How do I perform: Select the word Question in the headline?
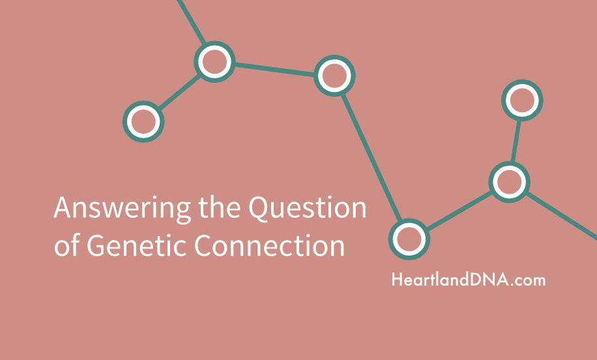tap(307, 208)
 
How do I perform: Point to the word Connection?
tap(270, 245)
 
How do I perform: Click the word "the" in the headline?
tap(219, 207)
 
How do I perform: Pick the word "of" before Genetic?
tap(67, 245)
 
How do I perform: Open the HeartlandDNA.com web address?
tap(469, 280)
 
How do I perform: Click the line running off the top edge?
tap(192, 22)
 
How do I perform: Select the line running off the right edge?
tap(561, 216)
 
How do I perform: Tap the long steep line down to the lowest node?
tap(371, 158)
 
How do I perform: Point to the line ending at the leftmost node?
tap(179, 91)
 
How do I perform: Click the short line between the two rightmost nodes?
tap(516, 141)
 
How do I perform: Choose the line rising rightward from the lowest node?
tap(459, 211)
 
